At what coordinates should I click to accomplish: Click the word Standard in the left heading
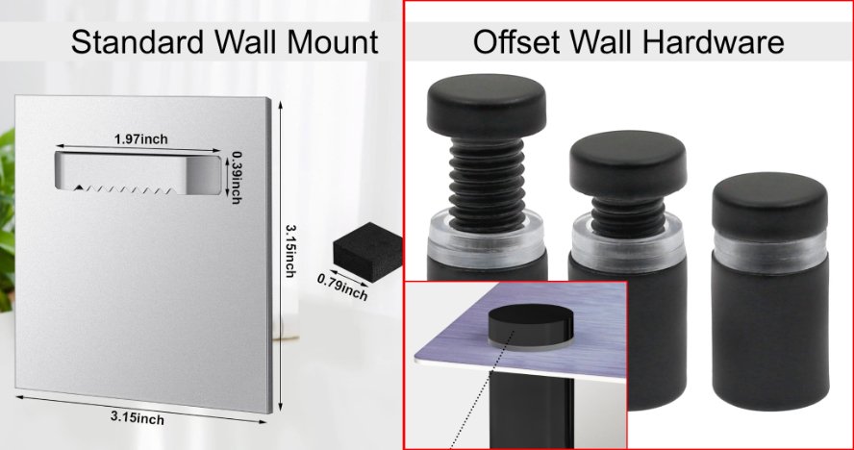click(138, 41)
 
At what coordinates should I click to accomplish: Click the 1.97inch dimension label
click(141, 139)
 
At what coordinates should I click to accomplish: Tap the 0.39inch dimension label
click(237, 178)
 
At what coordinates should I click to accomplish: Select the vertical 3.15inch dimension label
click(291, 251)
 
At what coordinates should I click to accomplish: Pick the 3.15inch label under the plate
click(138, 418)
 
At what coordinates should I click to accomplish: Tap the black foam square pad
click(368, 251)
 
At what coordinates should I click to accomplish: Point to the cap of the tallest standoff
click(487, 104)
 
